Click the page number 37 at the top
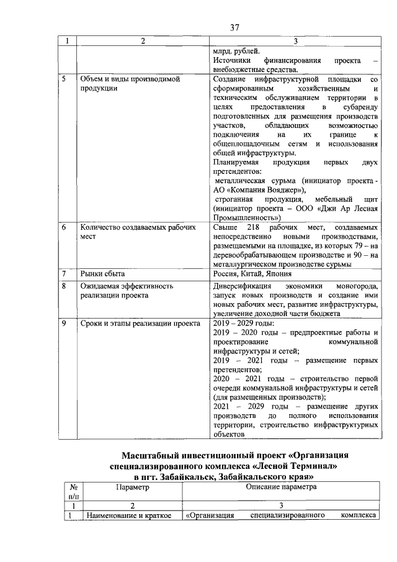tap(234, 27)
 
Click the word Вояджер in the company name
tap(277, 189)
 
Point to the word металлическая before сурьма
tap(240, 180)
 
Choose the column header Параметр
tap(132, 487)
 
